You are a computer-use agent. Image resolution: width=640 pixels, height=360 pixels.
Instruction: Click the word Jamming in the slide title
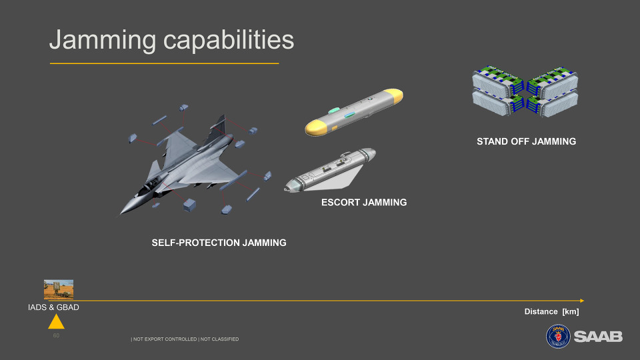point(103,41)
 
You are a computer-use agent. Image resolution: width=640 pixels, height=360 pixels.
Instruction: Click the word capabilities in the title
point(229,40)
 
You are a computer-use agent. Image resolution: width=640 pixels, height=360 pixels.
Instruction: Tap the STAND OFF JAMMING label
point(526,141)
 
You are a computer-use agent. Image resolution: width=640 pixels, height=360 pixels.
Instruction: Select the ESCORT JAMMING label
point(364,203)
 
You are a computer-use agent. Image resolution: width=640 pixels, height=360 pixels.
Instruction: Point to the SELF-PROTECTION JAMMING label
point(219,243)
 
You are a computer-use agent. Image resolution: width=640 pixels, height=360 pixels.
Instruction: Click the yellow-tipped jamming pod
point(354,112)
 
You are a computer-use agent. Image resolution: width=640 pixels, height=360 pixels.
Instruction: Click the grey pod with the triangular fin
point(330,171)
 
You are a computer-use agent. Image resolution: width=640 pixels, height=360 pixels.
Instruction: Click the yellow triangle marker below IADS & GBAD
point(56,321)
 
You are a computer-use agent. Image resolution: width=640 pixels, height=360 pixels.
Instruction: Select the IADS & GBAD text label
point(53,307)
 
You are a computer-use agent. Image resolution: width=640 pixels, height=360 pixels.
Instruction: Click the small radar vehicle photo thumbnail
point(59,289)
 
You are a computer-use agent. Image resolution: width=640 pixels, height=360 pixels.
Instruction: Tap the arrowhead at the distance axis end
point(582,301)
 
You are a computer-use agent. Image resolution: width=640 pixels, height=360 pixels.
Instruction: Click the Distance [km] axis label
point(551,312)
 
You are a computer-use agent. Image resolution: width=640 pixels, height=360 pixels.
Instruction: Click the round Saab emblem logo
point(558,336)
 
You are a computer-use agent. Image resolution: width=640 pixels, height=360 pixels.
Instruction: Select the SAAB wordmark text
point(598,337)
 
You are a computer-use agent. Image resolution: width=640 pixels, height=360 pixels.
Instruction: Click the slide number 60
point(56,335)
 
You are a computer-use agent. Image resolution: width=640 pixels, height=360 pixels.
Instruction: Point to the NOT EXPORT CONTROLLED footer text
point(164,339)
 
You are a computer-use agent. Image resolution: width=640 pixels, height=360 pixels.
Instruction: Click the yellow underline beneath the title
point(164,63)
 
